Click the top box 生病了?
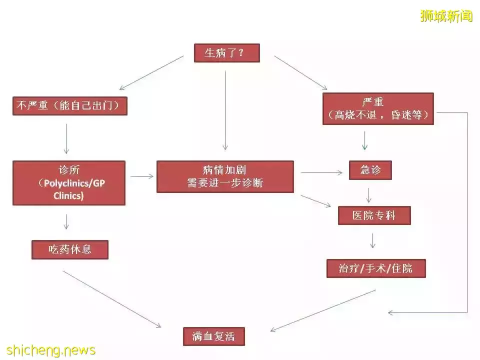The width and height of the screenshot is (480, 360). [227, 53]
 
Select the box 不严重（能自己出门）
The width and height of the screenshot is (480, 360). [70, 106]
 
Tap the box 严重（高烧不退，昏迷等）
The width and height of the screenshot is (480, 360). [378, 108]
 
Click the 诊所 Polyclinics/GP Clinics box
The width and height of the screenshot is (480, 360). [69, 183]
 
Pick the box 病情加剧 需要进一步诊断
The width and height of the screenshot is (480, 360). [225, 176]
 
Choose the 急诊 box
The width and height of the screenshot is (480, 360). [370, 170]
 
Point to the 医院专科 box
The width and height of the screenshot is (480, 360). [374, 215]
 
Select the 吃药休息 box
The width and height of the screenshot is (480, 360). [70, 249]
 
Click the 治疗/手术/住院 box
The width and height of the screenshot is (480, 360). [376, 268]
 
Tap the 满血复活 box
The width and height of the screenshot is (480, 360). [213, 336]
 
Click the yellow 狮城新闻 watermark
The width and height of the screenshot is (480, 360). [446, 16]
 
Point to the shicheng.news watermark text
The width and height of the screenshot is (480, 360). [51, 350]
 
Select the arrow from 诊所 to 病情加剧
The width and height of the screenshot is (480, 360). [141, 176]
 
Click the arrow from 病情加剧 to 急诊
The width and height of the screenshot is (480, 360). [321, 172]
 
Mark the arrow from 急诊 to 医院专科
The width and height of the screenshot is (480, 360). [369, 195]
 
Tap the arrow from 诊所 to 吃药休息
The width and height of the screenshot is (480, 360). [66, 221]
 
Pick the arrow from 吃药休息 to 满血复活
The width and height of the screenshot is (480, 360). [111, 299]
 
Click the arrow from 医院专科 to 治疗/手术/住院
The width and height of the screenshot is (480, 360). [372, 240]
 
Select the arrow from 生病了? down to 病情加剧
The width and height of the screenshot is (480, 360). [225, 110]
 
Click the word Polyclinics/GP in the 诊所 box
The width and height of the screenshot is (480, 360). [74, 183]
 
